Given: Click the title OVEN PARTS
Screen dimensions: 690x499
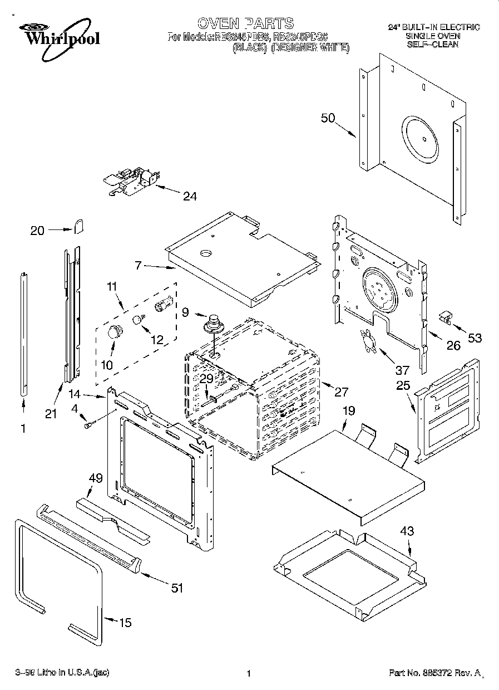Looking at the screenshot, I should point(245,23).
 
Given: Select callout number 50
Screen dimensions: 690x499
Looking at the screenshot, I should point(328,118).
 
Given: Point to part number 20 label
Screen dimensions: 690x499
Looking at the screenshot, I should point(37,231).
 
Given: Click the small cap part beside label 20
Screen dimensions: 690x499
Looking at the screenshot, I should point(78,226).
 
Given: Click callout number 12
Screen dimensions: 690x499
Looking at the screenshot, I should point(157,339).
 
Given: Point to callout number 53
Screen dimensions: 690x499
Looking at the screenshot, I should point(475,337).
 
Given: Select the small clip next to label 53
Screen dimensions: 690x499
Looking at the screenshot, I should point(445,317).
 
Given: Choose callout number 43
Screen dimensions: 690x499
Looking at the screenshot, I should point(407,531).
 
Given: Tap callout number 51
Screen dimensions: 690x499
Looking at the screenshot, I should point(177,588).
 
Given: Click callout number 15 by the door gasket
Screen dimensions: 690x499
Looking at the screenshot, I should point(126,623).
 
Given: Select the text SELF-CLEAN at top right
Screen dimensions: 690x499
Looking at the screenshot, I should point(433,44).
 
